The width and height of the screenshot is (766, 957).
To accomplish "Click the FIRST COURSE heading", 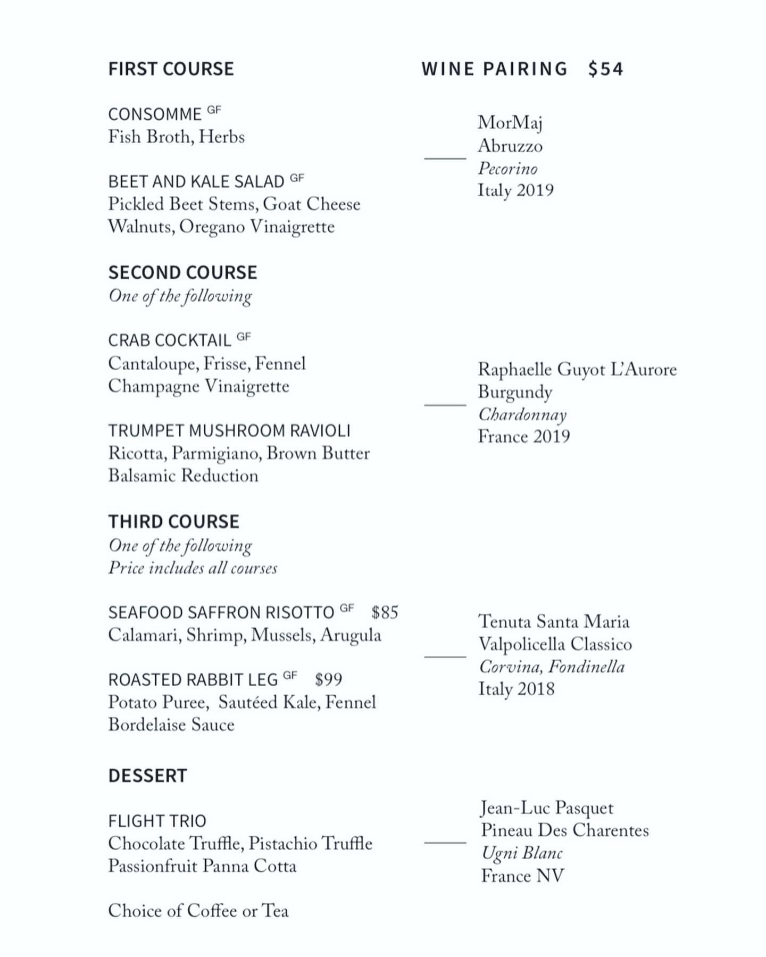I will (x=171, y=69).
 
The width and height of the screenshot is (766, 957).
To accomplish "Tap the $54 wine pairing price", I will (x=605, y=69).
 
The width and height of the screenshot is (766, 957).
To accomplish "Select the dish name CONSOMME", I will (x=155, y=114).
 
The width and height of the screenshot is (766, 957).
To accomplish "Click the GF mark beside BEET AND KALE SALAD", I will (x=297, y=178).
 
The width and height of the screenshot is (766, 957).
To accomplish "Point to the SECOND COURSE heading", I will (x=182, y=273).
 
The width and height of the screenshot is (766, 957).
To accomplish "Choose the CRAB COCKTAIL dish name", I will (x=170, y=340).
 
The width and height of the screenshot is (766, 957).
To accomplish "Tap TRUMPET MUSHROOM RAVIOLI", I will (x=229, y=430).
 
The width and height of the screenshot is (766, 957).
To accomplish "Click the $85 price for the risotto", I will (x=385, y=613).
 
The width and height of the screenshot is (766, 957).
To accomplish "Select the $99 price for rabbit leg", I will (x=328, y=680).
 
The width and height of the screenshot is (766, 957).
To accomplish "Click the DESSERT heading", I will (x=147, y=776).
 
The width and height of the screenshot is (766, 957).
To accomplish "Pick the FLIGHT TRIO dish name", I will (x=157, y=821).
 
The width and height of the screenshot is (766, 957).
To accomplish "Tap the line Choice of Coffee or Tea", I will (x=198, y=911).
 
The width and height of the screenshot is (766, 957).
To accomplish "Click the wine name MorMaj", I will (x=510, y=123).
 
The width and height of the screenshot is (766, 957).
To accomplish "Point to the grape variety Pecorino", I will (x=507, y=169).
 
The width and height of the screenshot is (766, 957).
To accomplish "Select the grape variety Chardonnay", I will (x=522, y=414).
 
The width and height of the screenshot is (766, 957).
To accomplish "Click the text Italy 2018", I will (x=517, y=689).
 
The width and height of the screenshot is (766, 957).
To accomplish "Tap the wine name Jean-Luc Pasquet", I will (x=547, y=808).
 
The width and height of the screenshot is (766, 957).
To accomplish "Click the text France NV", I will (x=522, y=876).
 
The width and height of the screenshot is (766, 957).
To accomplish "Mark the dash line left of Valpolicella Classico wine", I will (x=445, y=657).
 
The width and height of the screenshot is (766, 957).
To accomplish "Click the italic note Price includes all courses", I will (x=193, y=568).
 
